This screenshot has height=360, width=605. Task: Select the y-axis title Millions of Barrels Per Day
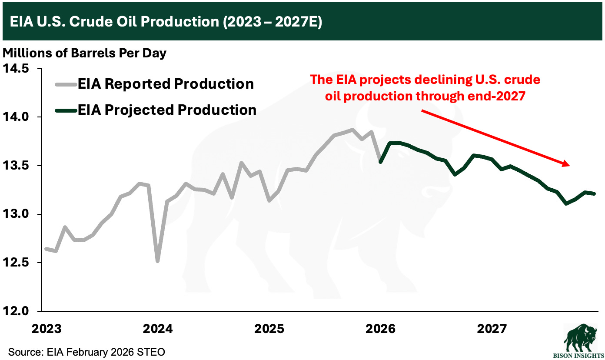point(85,53)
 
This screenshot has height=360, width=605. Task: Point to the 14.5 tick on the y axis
point(16,69)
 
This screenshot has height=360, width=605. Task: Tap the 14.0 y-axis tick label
point(16,117)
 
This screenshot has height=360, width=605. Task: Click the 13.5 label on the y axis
point(16,166)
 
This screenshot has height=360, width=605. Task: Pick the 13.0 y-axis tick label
point(16,214)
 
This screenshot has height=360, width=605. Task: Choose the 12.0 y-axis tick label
point(16,311)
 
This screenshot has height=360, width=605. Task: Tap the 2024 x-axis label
point(157,328)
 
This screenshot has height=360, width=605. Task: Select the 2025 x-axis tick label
point(269,328)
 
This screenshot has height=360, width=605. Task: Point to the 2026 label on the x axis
point(381,328)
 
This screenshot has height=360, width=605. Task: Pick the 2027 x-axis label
point(492,328)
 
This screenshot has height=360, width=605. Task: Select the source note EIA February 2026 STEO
point(86,351)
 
